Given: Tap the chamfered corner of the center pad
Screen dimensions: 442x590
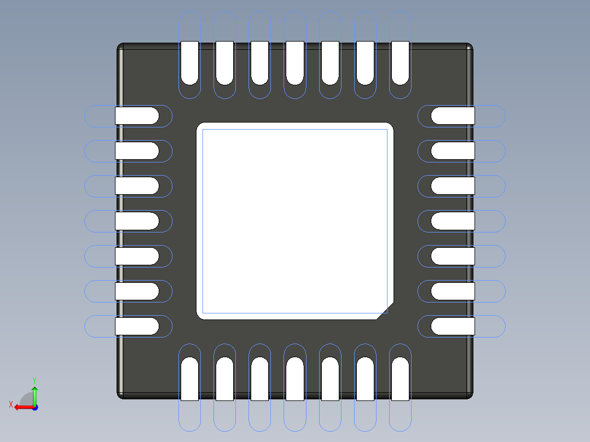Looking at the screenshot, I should [385, 311].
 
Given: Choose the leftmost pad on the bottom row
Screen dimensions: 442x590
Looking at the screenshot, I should [189, 379].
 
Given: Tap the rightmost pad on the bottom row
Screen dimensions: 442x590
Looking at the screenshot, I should [400, 379].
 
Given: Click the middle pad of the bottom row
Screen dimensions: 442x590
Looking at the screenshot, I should [294, 379].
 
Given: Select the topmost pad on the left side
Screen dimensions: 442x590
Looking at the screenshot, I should [137, 116].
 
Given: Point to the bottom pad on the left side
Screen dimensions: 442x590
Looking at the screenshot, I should [137, 327].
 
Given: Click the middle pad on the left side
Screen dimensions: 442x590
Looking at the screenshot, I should [137, 221].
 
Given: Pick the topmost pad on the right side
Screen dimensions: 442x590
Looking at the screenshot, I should [453, 116].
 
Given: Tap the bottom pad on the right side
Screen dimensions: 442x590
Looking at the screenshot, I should [453, 327].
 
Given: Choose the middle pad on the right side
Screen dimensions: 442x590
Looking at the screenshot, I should [453, 221].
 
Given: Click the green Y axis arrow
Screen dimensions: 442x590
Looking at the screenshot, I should [34, 393].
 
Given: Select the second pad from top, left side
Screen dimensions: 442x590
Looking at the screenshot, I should [137, 151].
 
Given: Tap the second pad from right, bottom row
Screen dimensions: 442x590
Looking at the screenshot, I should [365, 379].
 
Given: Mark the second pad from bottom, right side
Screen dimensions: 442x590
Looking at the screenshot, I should [453, 292].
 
